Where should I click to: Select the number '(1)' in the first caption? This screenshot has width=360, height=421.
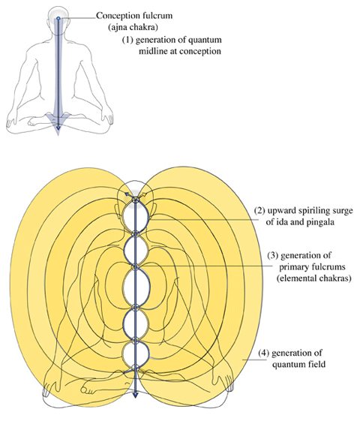pos(127,40)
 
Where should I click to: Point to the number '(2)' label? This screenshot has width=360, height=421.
pos(259,210)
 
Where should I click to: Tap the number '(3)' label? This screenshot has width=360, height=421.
pos(273,255)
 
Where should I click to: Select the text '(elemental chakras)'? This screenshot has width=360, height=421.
pos(314,278)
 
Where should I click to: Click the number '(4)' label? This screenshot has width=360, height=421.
pos(264,353)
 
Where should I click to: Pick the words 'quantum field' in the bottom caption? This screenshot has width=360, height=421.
pos(299,365)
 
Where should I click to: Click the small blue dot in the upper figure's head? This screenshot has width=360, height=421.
pos(58,18)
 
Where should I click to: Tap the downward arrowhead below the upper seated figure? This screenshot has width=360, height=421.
pos(58,131)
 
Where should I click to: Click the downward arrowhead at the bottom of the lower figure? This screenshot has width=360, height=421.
pos(136,394)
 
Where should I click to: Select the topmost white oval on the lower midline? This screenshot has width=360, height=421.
pos(136,217)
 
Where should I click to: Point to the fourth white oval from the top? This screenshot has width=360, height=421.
pos(136,323)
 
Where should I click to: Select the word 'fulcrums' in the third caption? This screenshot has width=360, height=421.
pos(328,267)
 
